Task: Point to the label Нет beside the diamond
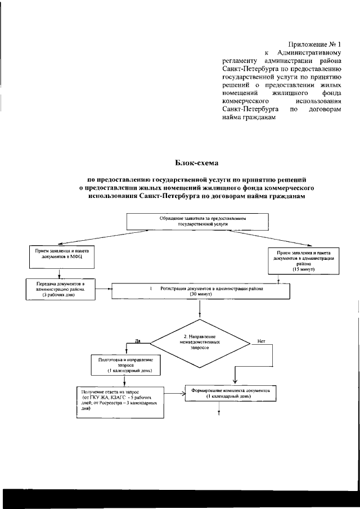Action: coord(261,341)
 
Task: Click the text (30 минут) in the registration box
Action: coord(200,294)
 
